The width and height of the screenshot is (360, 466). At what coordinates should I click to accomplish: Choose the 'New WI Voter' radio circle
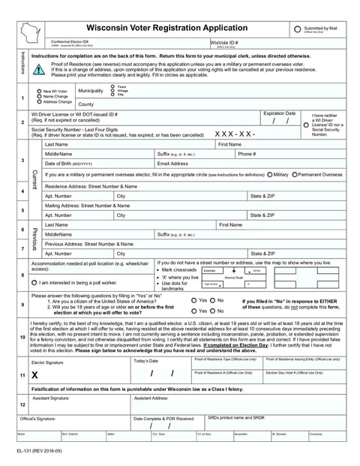(x=39, y=91)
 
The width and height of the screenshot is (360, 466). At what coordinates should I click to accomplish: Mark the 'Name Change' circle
(x=39, y=96)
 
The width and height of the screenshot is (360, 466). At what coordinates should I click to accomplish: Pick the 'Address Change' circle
(x=39, y=101)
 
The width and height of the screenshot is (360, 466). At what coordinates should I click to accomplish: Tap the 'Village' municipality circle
(x=112, y=91)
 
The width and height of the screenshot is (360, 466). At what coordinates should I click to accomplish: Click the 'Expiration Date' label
(x=279, y=113)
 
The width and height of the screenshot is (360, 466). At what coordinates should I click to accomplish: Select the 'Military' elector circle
(x=268, y=174)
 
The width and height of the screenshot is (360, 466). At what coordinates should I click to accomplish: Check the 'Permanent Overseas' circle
(x=293, y=174)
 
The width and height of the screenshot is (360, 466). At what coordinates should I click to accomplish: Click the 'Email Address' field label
(x=173, y=163)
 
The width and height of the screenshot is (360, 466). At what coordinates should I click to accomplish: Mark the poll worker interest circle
(x=34, y=282)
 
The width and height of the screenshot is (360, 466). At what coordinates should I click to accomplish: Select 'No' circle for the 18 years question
(x=212, y=310)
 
